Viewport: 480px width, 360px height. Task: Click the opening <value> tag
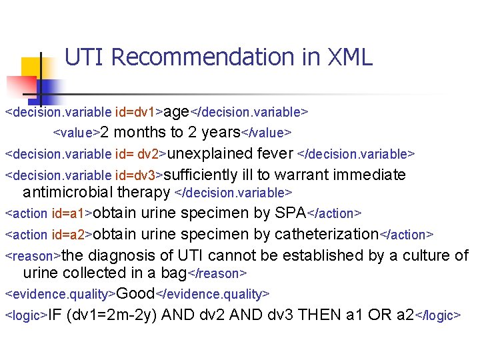tap(77, 132)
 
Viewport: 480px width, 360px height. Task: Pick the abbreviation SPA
tap(289, 213)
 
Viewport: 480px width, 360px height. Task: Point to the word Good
tap(135, 293)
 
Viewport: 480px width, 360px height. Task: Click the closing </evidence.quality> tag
tap(213, 294)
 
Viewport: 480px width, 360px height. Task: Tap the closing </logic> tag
tap(437, 315)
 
